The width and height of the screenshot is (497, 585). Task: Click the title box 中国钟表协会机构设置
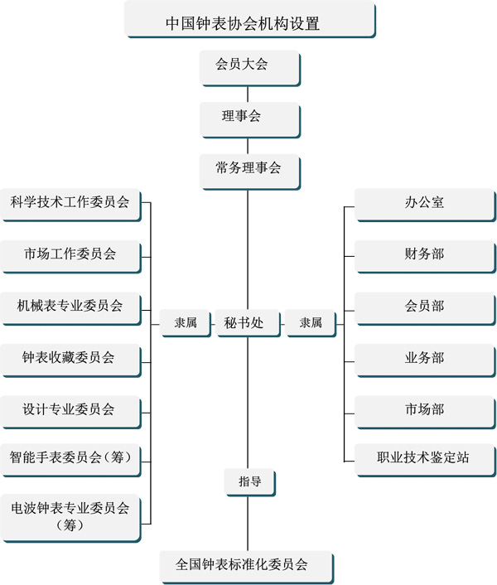pos(250,19)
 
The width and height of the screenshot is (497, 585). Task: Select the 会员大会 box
pos(250,68)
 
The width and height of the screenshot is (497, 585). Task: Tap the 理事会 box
pos(250,120)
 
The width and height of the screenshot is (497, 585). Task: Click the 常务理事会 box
pos(250,172)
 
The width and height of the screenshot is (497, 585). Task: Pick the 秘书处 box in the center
pos(248,323)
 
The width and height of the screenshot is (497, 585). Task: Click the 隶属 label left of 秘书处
pos(186,323)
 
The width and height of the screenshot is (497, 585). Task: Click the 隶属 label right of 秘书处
pos(311,323)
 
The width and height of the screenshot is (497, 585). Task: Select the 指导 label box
pos(250,482)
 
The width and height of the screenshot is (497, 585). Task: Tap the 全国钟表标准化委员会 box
pos(247,567)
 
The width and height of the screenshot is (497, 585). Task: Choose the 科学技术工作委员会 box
pos(70,205)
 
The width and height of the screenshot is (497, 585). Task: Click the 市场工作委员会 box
pos(70,257)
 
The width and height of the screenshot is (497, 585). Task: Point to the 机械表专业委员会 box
pos(70,309)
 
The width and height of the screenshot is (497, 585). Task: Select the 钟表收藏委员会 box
pos(70,360)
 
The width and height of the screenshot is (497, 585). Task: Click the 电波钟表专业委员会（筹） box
pos(70,518)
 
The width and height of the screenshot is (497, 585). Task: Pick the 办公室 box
pos(426,205)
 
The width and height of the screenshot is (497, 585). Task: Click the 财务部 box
pos(426,257)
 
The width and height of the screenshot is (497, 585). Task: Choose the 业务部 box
pos(426,360)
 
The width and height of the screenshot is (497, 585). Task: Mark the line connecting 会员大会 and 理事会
pos(248,94)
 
